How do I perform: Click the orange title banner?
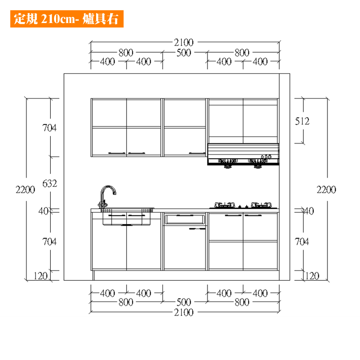click(67, 19)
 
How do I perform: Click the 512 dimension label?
click(302, 121)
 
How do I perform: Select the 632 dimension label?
click(50, 184)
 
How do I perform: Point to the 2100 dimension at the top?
click(184, 42)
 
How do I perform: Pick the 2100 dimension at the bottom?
click(184, 312)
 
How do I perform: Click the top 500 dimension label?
click(184, 53)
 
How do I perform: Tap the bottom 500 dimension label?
click(184, 302)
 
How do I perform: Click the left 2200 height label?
click(25, 190)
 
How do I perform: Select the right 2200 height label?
click(326, 190)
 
